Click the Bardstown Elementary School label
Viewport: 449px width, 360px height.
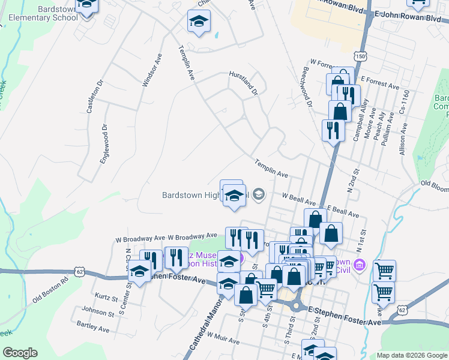click(x=41, y=13)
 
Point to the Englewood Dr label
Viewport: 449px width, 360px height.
click(x=106, y=140)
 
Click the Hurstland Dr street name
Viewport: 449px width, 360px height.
click(x=243, y=83)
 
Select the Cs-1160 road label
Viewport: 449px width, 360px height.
click(x=406, y=103)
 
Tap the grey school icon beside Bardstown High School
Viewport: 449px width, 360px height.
click(x=258, y=193)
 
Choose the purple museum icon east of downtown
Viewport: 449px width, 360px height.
click(x=360, y=265)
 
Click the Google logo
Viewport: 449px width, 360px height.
click(x=20, y=353)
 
